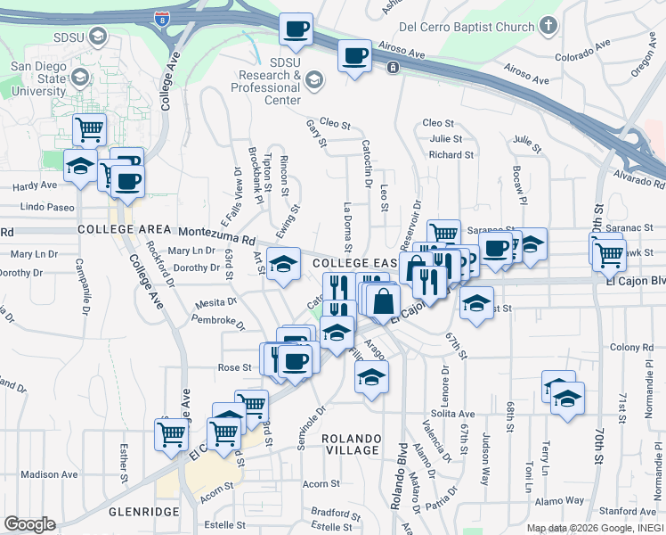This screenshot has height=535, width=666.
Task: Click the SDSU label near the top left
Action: click(x=69, y=37)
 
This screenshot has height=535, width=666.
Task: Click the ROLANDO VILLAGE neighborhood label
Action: click(x=352, y=444)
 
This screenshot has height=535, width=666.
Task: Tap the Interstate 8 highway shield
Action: click(x=162, y=17)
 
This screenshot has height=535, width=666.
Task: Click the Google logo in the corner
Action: click(x=29, y=524)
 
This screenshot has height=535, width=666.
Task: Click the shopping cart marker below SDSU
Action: click(x=89, y=129)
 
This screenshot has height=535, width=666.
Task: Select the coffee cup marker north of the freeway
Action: click(x=295, y=29)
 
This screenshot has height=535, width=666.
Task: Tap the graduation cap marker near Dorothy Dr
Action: click(x=283, y=264)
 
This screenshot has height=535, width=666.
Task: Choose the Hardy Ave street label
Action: click(x=33, y=185)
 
